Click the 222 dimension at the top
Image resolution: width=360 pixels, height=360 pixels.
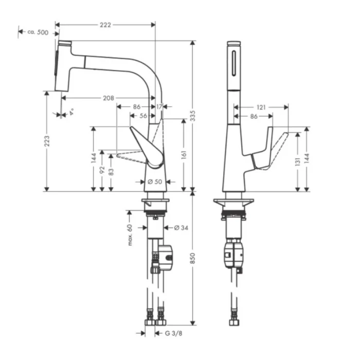point(105,24)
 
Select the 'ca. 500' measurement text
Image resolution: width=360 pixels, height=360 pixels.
point(38,32)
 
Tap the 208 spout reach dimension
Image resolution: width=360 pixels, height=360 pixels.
point(108,97)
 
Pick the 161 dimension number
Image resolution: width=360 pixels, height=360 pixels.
point(184,153)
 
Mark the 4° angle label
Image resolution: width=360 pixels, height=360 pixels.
point(71,110)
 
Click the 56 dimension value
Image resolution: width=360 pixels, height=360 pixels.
point(143,116)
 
